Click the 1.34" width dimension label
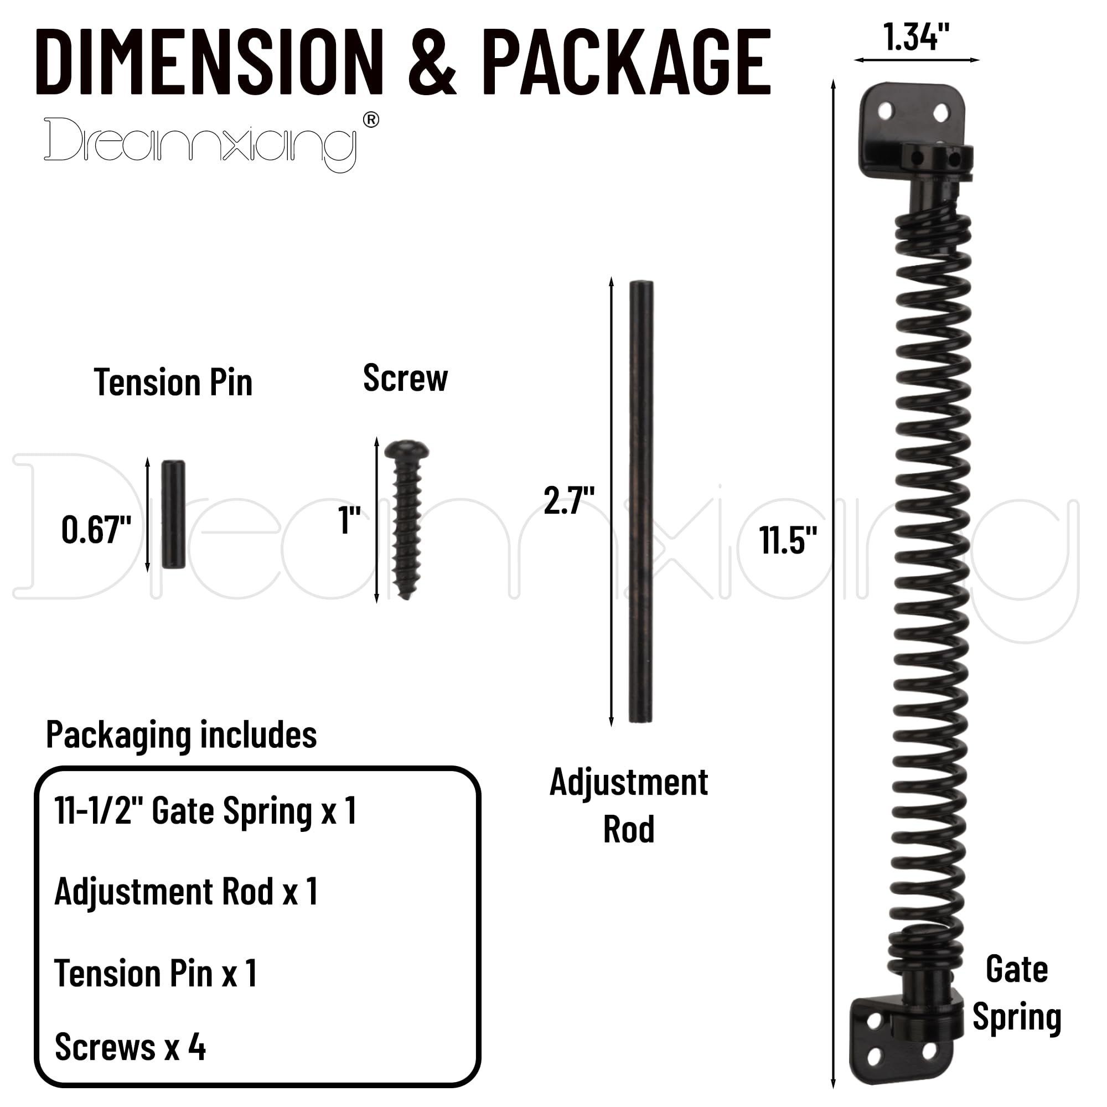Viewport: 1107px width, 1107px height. tap(916, 37)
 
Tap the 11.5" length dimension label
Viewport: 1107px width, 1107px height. tap(788, 540)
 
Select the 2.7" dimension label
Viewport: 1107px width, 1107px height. tap(569, 500)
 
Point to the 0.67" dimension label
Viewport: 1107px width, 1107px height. tap(96, 530)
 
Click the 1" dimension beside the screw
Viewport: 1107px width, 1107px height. tap(349, 520)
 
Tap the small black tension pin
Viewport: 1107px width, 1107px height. tap(173, 514)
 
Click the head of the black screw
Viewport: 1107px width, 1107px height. tap(407, 451)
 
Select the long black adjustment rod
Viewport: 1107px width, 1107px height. tap(640, 501)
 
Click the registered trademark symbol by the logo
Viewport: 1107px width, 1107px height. tap(371, 120)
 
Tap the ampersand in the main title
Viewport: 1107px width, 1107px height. tap(432, 63)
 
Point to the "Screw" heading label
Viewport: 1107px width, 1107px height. tap(405, 378)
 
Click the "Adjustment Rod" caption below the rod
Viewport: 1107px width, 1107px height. tap(629, 805)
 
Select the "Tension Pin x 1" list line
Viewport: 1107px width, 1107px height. tap(156, 974)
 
